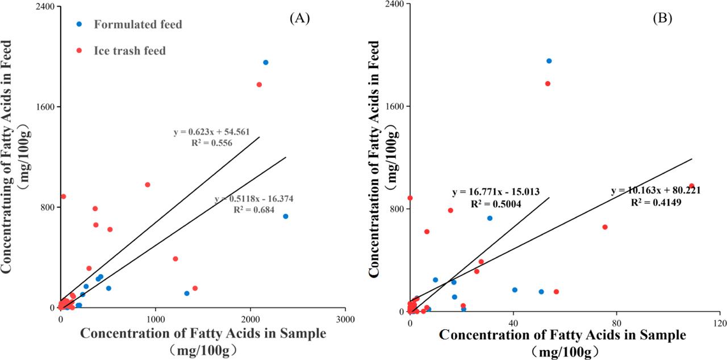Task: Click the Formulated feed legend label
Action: pyautogui.click(x=138, y=24)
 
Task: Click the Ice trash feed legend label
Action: pyautogui.click(x=129, y=51)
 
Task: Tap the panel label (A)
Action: pyautogui.click(x=299, y=18)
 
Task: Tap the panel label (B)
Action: pyautogui.click(x=662, y=18)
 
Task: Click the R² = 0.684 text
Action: pyautogui.click(x=254, y=210)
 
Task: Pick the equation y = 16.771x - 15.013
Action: pyautogui.click(x=495, y=192)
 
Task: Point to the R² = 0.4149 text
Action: pyautogui.click(x=656, y=202)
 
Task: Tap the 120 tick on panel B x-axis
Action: pyautogui.click(x=720, y=323)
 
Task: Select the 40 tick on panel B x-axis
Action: pyautogui.click(x=513, y=323)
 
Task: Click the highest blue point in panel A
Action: pyautogui.click(x=265, y=62)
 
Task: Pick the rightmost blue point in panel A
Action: pyautogui.click(x=286, y=216)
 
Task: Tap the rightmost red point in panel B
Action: pyautogui.click(x=691, y=186)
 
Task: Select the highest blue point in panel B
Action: pyautogui.click(x=549, y=61)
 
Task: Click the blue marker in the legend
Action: pyautogui.click(x=79, y=24)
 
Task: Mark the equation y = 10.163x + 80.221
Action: pyautogui.click(x=655, y=191)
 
